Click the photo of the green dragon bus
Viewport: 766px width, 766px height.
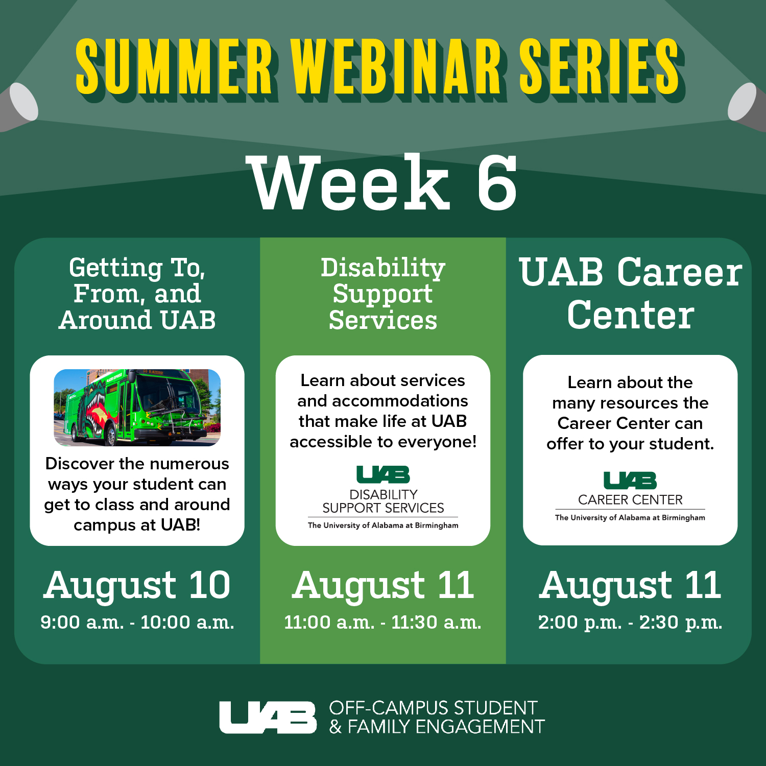[137, 408]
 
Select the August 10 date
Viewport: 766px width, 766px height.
[137, 585]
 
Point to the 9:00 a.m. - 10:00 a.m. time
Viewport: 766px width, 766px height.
[137, 623]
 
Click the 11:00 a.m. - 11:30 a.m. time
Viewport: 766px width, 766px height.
[382, 623]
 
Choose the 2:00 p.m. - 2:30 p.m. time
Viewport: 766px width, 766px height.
[630, 623]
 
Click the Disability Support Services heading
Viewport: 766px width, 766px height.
[382, 294]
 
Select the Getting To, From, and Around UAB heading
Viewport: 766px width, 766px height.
[137, 294]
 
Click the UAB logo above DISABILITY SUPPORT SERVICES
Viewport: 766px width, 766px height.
[383, 474]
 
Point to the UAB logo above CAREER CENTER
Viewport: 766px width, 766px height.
[630, 481]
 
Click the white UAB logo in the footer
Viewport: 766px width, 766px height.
[268, 717]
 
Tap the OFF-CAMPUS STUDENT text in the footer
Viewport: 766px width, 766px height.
[433, 708]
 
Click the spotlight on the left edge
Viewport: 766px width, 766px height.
[20, 105]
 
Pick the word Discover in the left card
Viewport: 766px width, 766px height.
[80, 464]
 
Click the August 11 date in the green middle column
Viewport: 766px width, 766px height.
[382, 585]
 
